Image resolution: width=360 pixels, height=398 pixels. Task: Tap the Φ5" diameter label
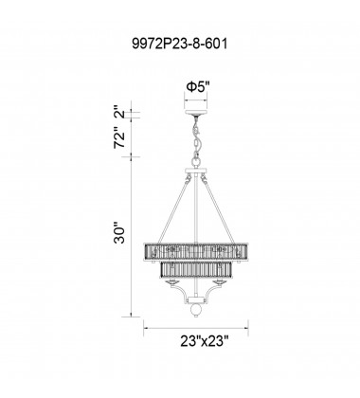(197, 86)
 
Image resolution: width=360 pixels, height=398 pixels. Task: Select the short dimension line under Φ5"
(198, 99)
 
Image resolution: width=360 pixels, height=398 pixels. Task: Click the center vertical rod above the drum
(198, 208)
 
